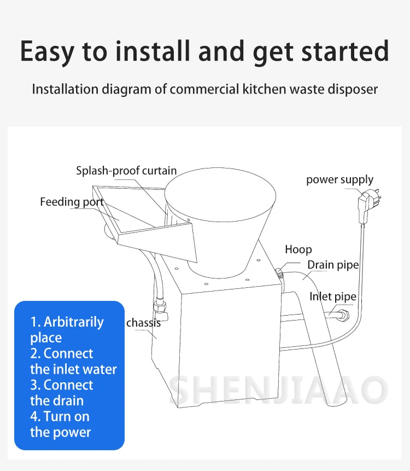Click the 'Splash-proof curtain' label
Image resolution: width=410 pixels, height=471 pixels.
[126, 171]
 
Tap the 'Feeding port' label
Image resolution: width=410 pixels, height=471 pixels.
[72, 202]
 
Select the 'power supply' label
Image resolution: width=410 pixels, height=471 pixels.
[339, 179]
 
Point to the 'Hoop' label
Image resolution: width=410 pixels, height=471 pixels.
[298, 249]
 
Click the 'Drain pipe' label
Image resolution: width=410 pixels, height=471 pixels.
[333, 265]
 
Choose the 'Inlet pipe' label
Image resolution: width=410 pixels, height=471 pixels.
[332, 296]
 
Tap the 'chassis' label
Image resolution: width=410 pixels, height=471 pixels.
[144, 323]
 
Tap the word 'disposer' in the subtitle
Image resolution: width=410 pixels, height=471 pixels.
[350, 89]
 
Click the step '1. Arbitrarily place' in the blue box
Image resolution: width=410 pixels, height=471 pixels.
[67, 329]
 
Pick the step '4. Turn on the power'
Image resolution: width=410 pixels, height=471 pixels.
[60, 424]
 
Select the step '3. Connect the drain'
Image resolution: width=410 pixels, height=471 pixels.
[61, 392]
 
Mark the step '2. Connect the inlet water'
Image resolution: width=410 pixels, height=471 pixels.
[73, 361]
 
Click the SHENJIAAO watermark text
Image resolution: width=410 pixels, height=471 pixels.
[279, 389]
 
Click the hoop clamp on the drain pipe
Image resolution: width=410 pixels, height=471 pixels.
[280, 272]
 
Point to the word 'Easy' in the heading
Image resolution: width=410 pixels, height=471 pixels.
[48, 51]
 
